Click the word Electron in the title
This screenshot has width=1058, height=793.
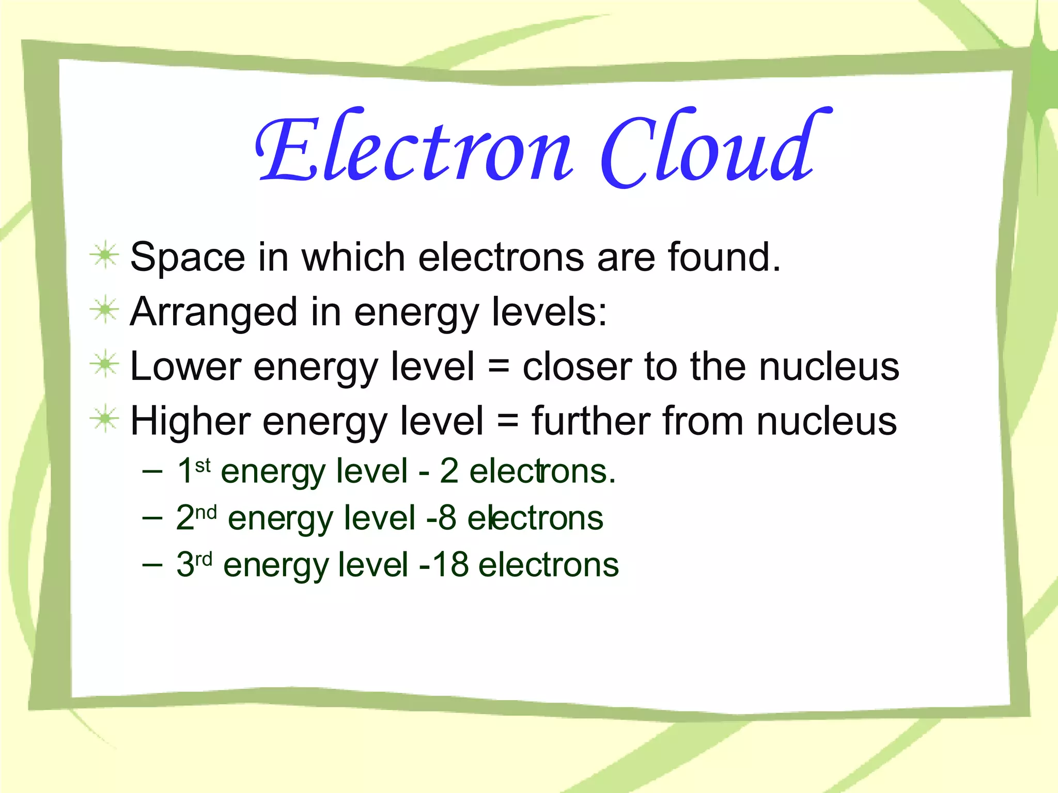click(413, 147)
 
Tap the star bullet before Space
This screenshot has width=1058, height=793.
click(105, 255)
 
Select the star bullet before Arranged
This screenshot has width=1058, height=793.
click(105, 310)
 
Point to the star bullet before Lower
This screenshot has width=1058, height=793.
click(105, 364)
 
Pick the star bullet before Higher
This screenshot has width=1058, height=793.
click(105, 419)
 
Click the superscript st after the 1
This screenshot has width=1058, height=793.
click(203, 465)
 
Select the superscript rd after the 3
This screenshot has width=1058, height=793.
click(204, 559)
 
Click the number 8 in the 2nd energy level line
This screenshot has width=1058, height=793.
click(447, 518)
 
